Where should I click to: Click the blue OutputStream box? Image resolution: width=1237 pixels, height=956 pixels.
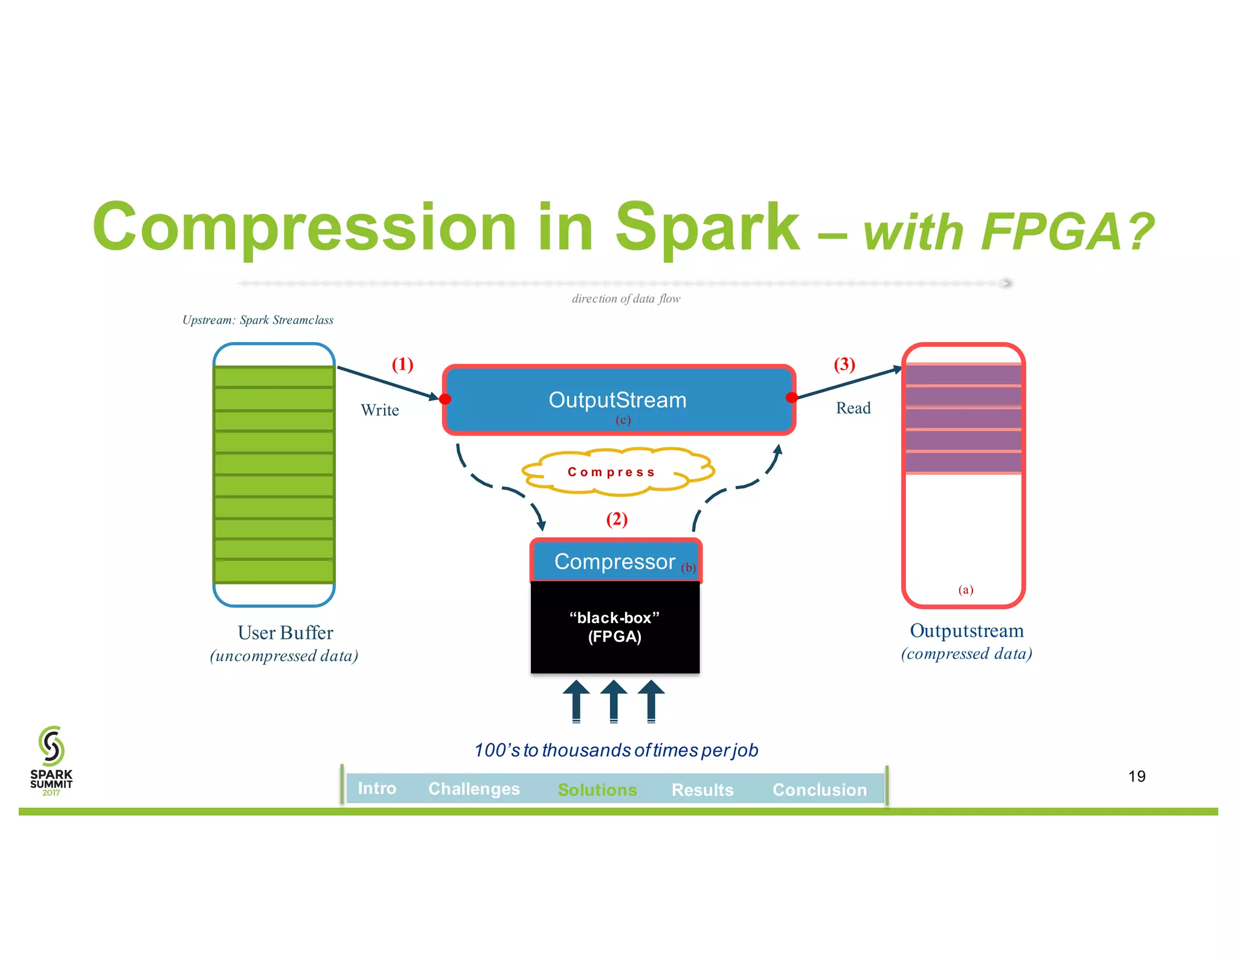point(618,399)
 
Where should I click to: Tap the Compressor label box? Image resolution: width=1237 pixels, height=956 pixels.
point(615,561)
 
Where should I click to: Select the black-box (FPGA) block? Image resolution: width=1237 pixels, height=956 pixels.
point(615,627)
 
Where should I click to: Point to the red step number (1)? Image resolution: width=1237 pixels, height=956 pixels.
point(402,364)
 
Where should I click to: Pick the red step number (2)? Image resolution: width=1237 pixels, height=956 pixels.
point(617,519)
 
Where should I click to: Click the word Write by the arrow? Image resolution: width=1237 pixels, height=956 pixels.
point(380,410)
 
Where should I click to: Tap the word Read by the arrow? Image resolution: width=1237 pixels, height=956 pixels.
point(853,408)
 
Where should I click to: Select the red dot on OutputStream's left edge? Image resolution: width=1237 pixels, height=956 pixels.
point(445,399)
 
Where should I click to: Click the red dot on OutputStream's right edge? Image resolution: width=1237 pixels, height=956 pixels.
point(791,397)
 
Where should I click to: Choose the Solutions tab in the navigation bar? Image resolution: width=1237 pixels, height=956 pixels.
point(597,789)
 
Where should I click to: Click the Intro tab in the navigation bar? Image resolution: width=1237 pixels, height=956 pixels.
point(377,788)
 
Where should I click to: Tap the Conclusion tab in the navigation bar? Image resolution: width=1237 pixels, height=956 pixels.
point(819,789)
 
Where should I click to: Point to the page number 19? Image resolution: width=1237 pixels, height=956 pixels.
point(1136,776)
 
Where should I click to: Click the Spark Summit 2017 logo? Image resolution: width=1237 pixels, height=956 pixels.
point(51,760)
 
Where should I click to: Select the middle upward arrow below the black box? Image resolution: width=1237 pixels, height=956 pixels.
point(614,701)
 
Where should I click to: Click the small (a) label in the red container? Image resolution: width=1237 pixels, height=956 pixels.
point(965,589)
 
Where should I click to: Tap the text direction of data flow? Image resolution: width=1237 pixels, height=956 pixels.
point(626,299)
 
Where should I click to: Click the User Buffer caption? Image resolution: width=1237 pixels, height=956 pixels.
point(285,633)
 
